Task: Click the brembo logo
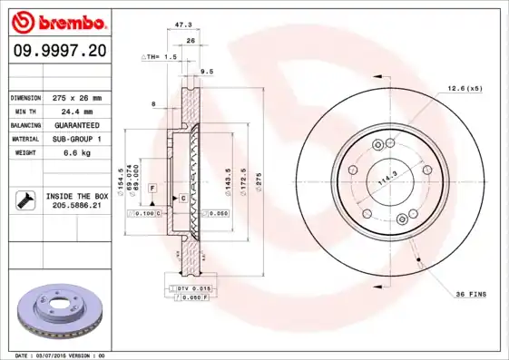(x=58, y=20)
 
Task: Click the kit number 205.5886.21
(x=76, y=206)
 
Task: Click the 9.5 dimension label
(x=206, y=70)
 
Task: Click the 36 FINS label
(x=470, y=295)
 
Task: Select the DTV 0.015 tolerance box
(x=193, y=287)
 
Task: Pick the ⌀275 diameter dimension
(x=259, y=182)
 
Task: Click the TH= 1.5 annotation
(x=159, y=56)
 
